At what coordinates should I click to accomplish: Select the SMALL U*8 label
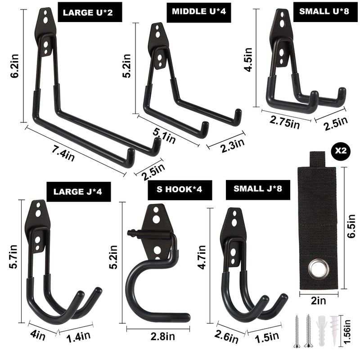pos(324,12)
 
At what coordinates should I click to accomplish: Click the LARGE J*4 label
pos(78,191)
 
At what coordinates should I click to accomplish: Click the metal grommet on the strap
pos(318,269)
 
